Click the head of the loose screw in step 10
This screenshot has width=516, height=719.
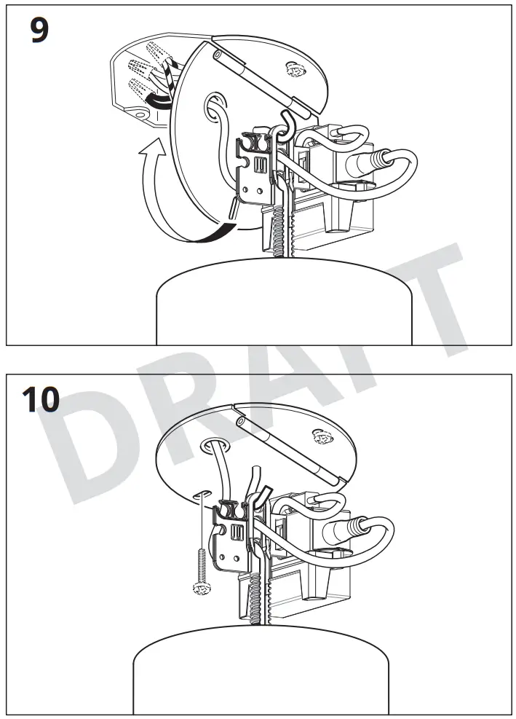click(197, 589)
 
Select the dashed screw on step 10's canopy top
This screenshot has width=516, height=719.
click(319, 436)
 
